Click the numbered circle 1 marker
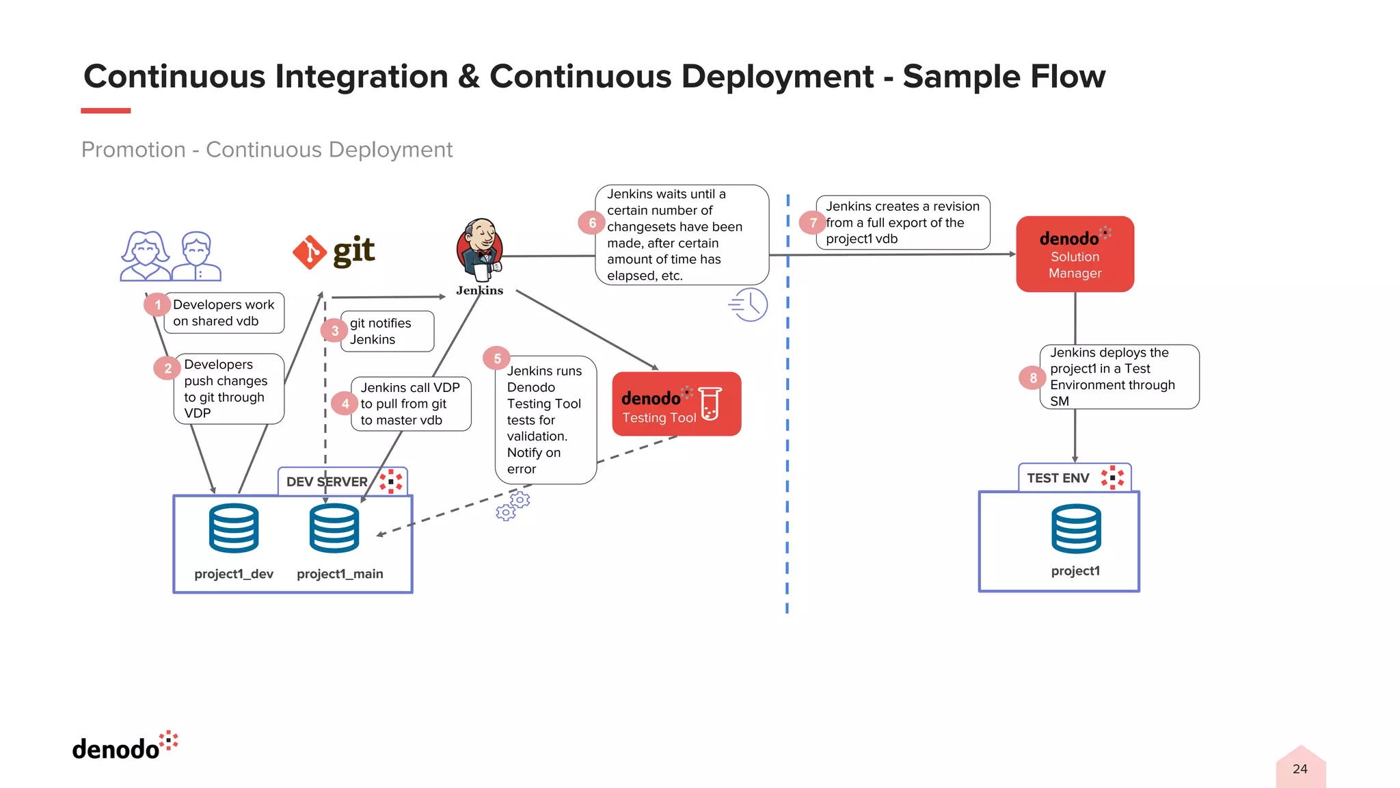[x=157, y=304]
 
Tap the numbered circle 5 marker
[x=497, y=358]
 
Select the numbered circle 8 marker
[x=1033, y=378]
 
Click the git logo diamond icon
[x=309, y=252]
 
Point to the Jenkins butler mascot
[x=481, y=250]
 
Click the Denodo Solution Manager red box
[x=1075, y=254]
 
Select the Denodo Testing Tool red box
[x=676, y=404]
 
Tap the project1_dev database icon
[x=234, y=528]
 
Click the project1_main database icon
[x=334, y=528]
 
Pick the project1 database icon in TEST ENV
[x=1076, y=529]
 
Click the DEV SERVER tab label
[x=327, y=482]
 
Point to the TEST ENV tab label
[x=1058, y=478]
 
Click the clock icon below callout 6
[x=749, y=305]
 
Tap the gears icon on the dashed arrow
[x=513, y=505]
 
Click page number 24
[x=1300, y=769]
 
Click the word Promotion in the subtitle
[x=133, y=150]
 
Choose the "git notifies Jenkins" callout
[x=387, y=332]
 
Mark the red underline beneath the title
[x=105, y=111]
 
